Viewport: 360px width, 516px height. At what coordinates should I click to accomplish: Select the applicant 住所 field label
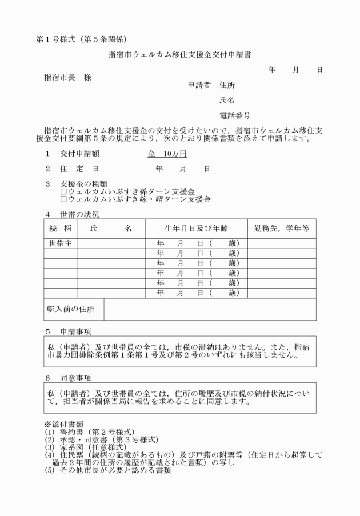point(227,85)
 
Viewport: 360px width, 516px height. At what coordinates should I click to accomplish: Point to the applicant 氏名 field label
point(227,100)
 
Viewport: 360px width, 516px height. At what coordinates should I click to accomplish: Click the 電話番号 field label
point(235,115)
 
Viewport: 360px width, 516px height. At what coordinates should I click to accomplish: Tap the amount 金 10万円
point(167,154)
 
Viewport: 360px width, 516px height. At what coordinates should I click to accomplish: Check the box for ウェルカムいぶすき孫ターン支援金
point(63,191)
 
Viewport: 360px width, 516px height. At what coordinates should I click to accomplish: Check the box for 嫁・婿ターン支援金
point(63,199)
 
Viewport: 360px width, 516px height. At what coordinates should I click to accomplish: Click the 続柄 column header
point(61,229)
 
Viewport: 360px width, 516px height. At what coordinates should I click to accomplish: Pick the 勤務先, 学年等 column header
point(282,229)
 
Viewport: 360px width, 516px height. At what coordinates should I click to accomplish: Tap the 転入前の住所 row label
point(71,309)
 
